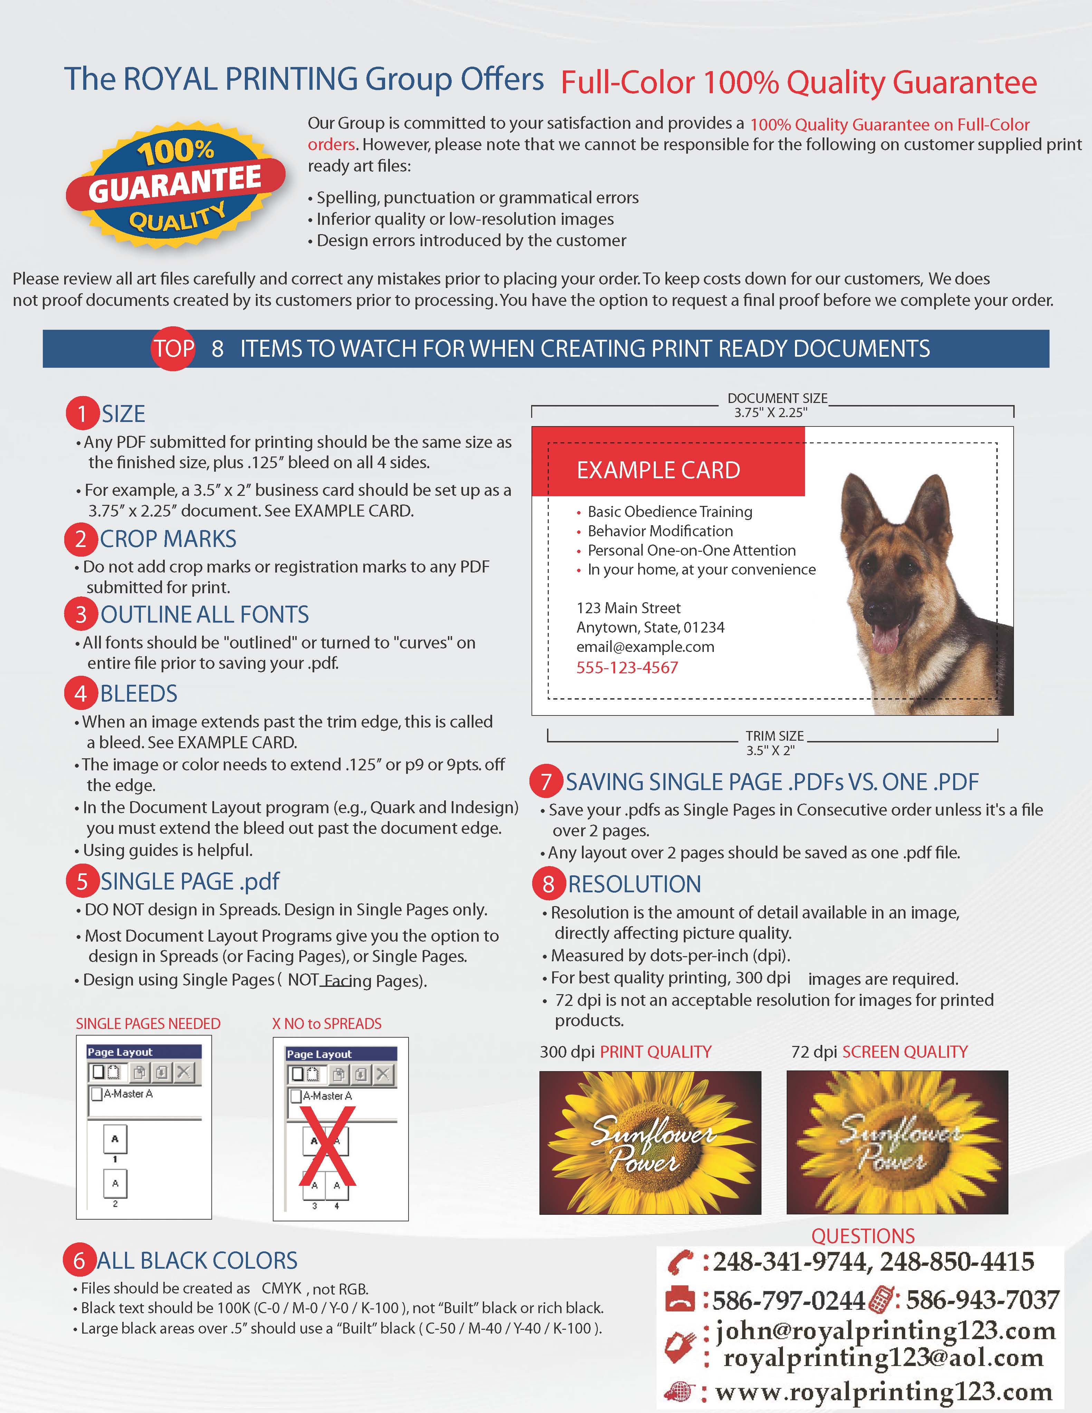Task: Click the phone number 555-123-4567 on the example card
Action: click(627, 668)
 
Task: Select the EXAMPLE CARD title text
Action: click(658, 470)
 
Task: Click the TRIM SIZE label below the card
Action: click(774, 736)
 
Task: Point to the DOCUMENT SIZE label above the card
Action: click(777, 398)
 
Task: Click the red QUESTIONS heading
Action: click(863, 1236)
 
